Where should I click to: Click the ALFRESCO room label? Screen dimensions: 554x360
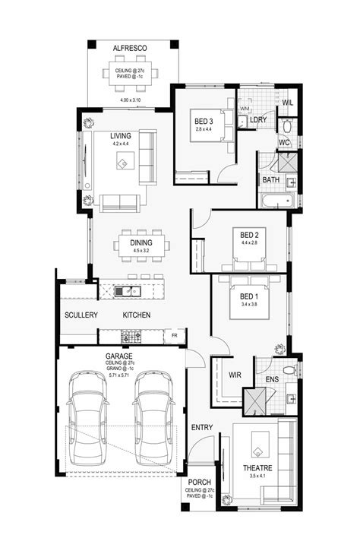[x=130, y=47]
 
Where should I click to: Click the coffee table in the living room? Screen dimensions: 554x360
[x=123, y=162]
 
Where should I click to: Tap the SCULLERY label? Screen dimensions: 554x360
[x=78, y=315]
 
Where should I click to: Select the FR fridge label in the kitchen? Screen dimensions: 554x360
[x=174, y=334]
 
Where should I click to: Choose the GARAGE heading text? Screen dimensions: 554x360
[x=118, y=356]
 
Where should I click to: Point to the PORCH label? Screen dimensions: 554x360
[x=200, y=481]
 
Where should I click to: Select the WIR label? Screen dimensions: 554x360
[x=234, y=375]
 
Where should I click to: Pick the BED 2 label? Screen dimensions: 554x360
[x=251, y=234]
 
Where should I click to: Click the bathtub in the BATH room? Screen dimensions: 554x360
[x=276, y=202]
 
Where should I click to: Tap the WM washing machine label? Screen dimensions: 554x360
[x=244, y=109]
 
